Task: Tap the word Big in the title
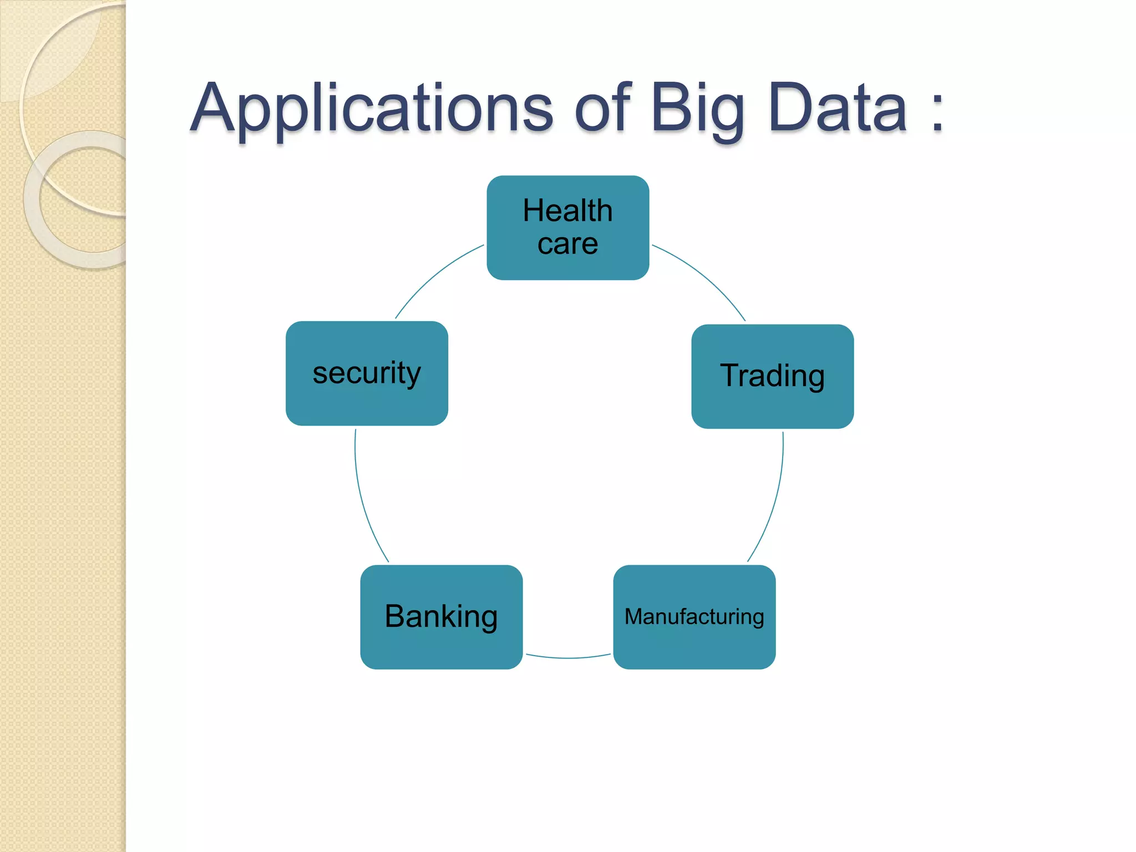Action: pos(697,109)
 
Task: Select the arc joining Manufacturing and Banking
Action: pos(568,658)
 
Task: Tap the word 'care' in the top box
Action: pos(567,244)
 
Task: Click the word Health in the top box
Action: pos(567,211)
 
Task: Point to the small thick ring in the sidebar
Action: pos(33,200)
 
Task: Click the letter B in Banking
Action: pos(397,616)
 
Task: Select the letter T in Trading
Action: pos(731,375)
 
